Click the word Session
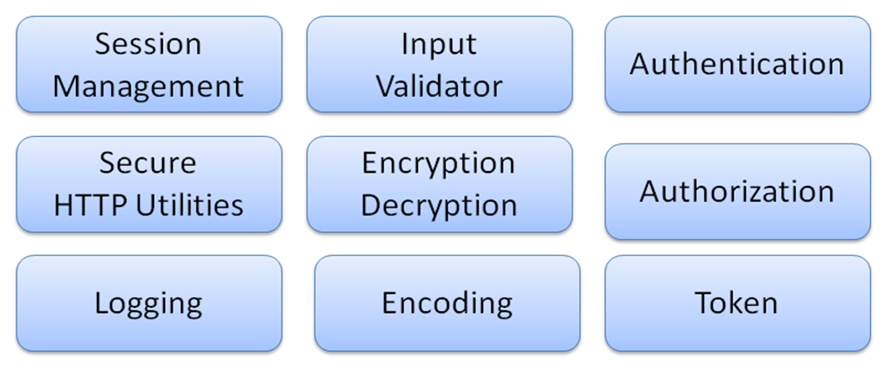click(148, 43)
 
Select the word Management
click(148, 86)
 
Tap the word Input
click(439, 46)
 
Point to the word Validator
click(439, 86)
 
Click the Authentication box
click(738, 64)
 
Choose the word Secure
click(148, 163)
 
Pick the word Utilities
click(189, 205)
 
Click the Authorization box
click(738, 192)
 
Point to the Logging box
click(149, 303)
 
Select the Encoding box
click(447, 303)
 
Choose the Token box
click(738, 303)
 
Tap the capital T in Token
click(704, 303)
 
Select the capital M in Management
click(67, 86)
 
